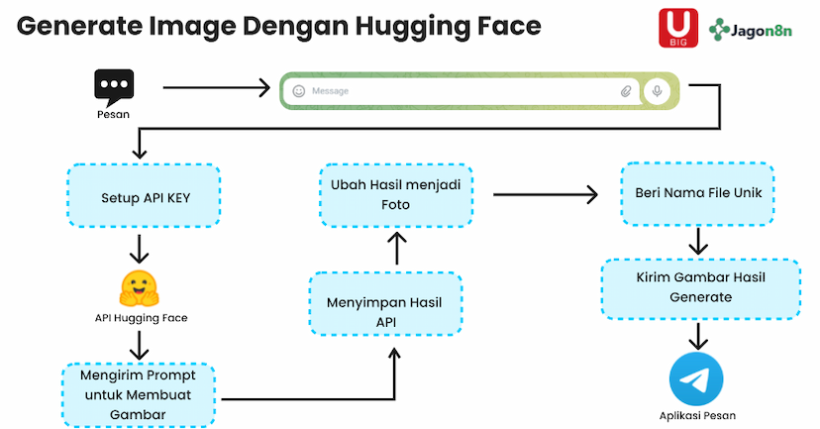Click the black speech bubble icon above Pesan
113,86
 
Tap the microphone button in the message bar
656,91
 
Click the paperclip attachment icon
626,91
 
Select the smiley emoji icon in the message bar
298,91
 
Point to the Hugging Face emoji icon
140,286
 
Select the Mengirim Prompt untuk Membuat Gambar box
141,393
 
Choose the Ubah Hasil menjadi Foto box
396,195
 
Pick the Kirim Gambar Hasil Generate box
700,287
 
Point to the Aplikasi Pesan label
697,416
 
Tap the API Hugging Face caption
140,318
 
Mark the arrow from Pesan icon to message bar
216,88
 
